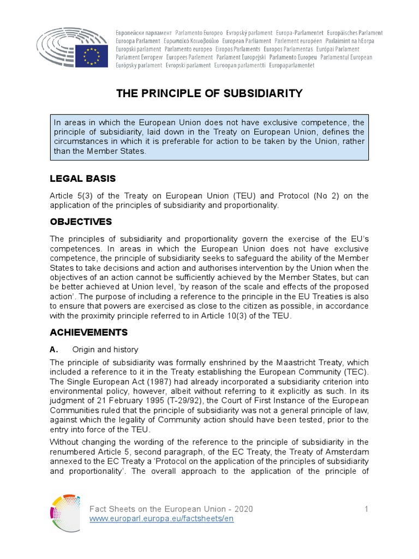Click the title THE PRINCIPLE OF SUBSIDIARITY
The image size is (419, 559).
(x=209, y=93)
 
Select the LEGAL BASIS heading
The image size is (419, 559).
(x=82, y=179)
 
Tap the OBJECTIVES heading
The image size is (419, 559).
(x=81, y=222)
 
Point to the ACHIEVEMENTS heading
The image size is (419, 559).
(x=88, y=332)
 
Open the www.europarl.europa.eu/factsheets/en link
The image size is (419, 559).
(x=161, y=519)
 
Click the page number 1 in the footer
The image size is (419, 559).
(x=367, y=509)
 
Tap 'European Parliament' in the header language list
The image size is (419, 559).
(x=247, y=41)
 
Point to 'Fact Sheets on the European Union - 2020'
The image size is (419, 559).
(x=171, y=509)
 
